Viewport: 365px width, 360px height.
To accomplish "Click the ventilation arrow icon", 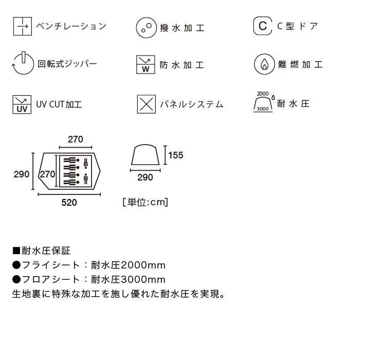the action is pyautogui.click(x=23, y=26).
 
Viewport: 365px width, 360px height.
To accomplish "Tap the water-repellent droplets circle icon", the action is pyautogui.click(x=146, y=27).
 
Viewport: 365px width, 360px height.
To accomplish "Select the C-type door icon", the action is pyautogui.click(x=263, y=26).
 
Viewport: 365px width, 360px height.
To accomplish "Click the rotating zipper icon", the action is pyautogui.click(x=23, y=63).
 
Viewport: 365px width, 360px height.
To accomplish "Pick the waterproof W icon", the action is pyautogui.click(x=145, y=65).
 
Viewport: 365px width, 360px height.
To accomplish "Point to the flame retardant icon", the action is pyautogui.click(x=264, y=64).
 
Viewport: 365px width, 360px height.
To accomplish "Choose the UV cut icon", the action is pyautogui.click(x=22, y=104).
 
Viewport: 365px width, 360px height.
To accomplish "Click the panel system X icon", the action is pyautogui.click(x=147, y=104).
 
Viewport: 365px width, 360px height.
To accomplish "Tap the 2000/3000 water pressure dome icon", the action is pyautogui.click(x=264, y=102).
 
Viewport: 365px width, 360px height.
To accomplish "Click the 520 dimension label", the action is pyautogui.click(x=69, y=203).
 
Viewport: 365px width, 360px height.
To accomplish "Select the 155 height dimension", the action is pyautogui.click(x=176, y=155).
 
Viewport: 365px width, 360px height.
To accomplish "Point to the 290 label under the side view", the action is pyautogui.click(x=145, y=177).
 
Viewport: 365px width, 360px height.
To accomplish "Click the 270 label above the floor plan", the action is pyautogui.click(x=76, y=139).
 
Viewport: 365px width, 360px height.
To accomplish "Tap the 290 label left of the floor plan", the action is pyautogui.click(x=22, y=174).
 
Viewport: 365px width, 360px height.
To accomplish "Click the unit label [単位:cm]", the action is pyautogui.click(x=145, y=202).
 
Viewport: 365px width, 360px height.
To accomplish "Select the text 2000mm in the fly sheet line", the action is pyautogui.click(x=143, y=265).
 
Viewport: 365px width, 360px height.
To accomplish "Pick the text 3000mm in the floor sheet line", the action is pyautogui.click(x=143, y=280).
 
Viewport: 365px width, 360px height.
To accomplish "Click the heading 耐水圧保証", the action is pyautogui.click(x=46, y=251).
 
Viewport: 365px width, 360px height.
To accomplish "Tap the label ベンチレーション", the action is pyautogui.click(x=71, y=26).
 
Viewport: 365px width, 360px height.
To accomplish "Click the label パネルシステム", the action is pyautogui.click(x=192, y=104).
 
